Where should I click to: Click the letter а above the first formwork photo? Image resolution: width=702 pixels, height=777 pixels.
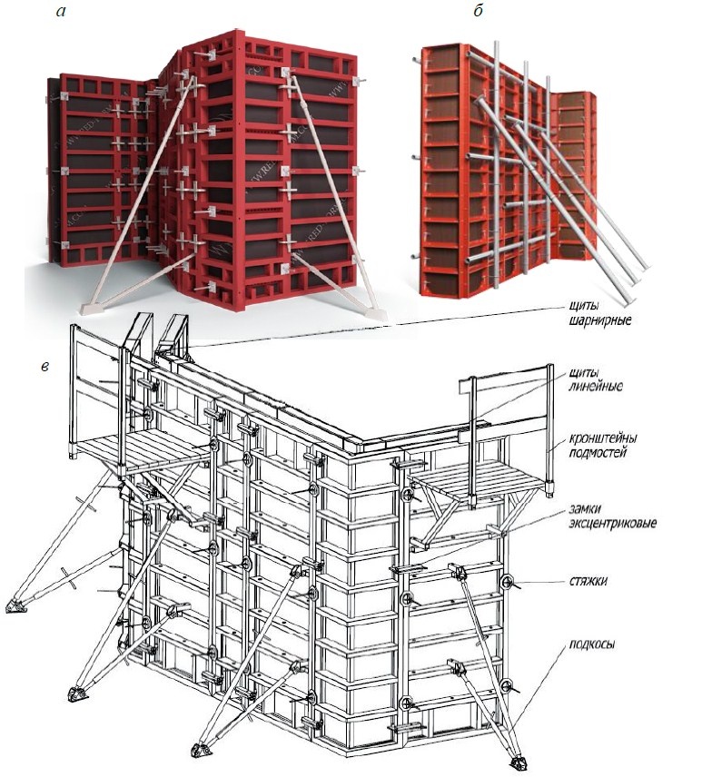[61, 12]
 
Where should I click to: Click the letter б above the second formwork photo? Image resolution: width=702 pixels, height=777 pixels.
[478, 10]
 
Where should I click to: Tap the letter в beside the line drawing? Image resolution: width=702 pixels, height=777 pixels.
[45, 368]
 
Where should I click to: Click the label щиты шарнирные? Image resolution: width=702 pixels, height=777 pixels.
[600, 312]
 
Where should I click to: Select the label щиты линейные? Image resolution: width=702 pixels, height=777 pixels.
[596, 379]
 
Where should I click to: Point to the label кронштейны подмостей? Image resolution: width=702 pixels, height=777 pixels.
[603, 446]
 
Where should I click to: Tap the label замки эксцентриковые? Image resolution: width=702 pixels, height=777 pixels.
[612, 516]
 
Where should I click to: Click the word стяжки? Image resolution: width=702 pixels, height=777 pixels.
[588, 581]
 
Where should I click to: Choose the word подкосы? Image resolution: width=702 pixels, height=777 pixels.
[592, 644]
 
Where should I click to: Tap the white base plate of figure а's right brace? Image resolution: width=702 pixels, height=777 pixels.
[373, 313]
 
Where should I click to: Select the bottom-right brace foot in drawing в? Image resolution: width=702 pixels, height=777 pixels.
[518, 760]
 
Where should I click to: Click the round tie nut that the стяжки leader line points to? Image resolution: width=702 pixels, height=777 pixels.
[507, 581]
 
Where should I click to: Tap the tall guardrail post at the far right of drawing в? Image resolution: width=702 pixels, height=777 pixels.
[549, 430]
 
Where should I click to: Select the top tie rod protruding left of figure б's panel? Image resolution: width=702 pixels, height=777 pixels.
[417, 60]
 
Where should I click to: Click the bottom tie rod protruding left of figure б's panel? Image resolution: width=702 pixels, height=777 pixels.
[417, 256]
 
